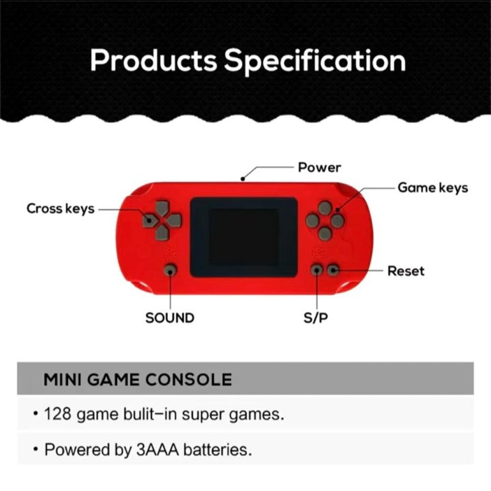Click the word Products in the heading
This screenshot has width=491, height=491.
(153, 60)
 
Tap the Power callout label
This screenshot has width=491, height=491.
(319, 167)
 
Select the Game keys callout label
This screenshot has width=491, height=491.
(433, 188)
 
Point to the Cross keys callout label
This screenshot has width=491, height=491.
(60, 209)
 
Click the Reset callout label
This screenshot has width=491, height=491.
(406, 271)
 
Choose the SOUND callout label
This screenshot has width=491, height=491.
(170, 318)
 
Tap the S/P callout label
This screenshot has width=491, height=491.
(316, 318)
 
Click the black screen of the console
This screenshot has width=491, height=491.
(244, 237)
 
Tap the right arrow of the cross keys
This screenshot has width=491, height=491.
(174, 220)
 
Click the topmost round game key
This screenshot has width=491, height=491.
(325, 208)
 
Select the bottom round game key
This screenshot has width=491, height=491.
(325, 234)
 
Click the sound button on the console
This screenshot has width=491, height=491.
(170, 270)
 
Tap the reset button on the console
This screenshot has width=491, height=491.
(333, 270)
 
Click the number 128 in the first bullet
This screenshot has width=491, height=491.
(58, 413)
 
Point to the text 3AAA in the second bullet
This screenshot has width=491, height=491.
(158, 450)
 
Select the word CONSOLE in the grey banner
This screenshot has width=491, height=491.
(189, 380)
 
